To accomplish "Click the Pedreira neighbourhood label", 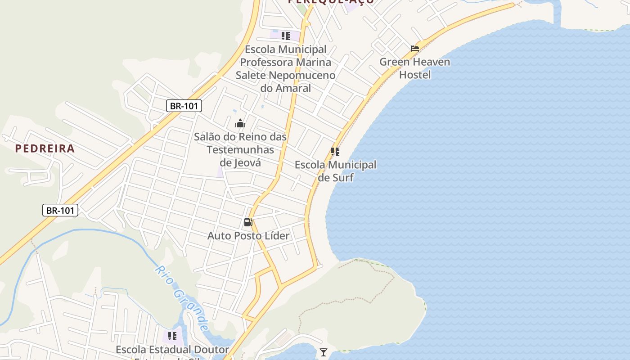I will click(x=45, y=148).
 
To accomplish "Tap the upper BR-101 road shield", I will click(x=184, y=106).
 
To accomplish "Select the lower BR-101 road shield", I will click(x=60, y=210).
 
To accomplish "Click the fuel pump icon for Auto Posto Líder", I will click(x=248, y=222).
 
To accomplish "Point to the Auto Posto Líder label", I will click(x=248, y=235).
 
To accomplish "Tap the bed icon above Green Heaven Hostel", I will click(x=415, y=48).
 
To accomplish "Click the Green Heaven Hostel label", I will click(x=415, y=68).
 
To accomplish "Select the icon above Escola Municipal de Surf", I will click(x=335, y=152).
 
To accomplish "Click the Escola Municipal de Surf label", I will click(x=336, y=171).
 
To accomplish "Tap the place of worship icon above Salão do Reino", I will click(x=240, y=123).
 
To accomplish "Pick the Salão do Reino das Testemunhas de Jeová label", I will click(x=240, y=149).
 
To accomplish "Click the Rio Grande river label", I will click(x=182, y=297).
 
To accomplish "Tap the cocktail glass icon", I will click(x=323, y=352).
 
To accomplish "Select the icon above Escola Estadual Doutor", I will click(x=172, y=336).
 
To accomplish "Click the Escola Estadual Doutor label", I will click(x=172, y=350).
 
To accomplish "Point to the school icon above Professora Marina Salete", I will click(x=286, y=36).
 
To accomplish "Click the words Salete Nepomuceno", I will click(x=286, y=75).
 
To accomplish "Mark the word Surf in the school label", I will click(x=343, y=177).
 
